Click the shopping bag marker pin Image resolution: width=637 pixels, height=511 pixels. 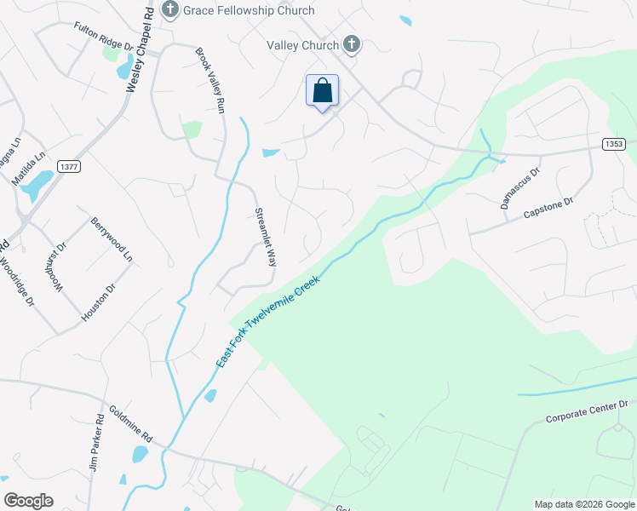click(322, 91)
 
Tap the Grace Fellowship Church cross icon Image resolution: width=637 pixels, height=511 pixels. click(169, 10)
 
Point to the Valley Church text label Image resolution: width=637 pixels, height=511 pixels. click(302, 45)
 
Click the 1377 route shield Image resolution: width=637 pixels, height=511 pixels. click(70, 167)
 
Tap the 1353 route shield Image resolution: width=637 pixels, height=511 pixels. click(614, 144)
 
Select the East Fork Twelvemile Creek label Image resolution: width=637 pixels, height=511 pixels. click(267, 321)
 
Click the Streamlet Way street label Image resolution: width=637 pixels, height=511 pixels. click(267, 238)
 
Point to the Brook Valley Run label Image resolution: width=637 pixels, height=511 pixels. click(209, 81)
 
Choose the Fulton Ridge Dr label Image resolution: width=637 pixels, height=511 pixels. click(104, 39)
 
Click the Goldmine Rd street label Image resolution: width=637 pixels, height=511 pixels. click(128, 422)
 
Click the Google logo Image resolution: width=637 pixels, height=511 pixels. click(28, 501)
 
